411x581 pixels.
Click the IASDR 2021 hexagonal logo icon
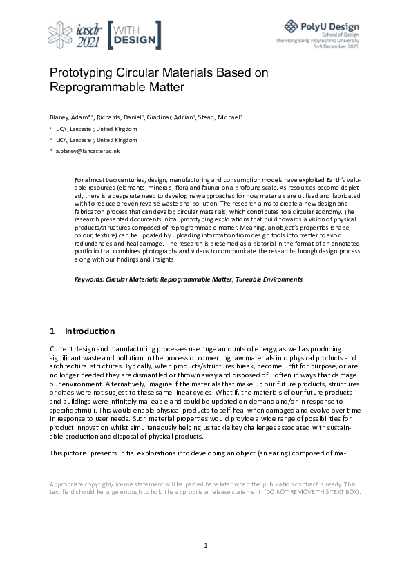pyautogui.click(x=61, y=35)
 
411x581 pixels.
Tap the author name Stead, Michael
pyautogui.click(x=221, y=117)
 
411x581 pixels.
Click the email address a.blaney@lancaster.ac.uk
pyautogui.click(x=88, y=150)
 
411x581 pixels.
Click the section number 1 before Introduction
pyautogui.click(x=53, y=331)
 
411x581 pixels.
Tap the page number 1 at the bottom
pyautogui.click(x=206, y=546)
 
